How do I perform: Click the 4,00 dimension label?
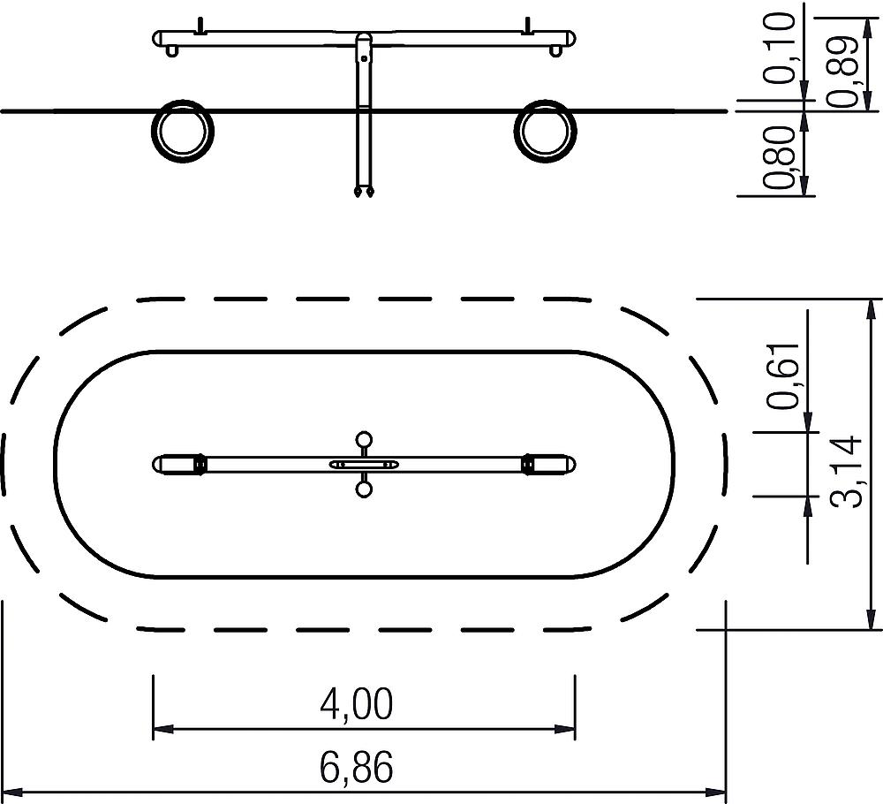356,704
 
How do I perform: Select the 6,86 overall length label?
356,767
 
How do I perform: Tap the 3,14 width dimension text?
847,472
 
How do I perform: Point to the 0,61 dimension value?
782,375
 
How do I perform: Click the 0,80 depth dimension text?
780,157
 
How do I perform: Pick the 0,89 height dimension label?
842,72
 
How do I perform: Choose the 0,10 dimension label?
780,49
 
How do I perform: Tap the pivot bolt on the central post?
365,58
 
